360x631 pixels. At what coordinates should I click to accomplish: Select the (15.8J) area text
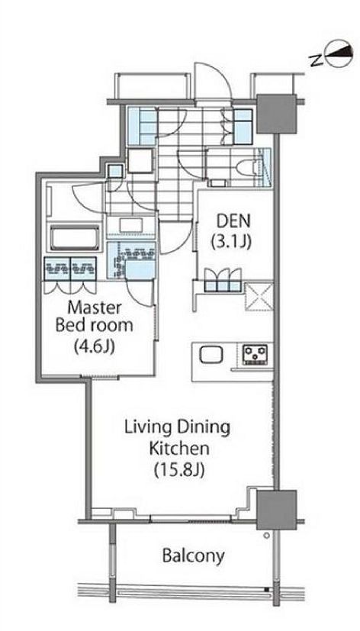click(178, 467)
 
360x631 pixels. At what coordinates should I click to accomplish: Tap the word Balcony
click(193, 555)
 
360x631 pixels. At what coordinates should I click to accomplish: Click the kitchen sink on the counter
click(210, 355)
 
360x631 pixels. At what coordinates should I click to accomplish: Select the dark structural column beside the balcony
click(275, 507)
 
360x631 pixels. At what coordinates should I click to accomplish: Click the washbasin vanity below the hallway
click(130, 226)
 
